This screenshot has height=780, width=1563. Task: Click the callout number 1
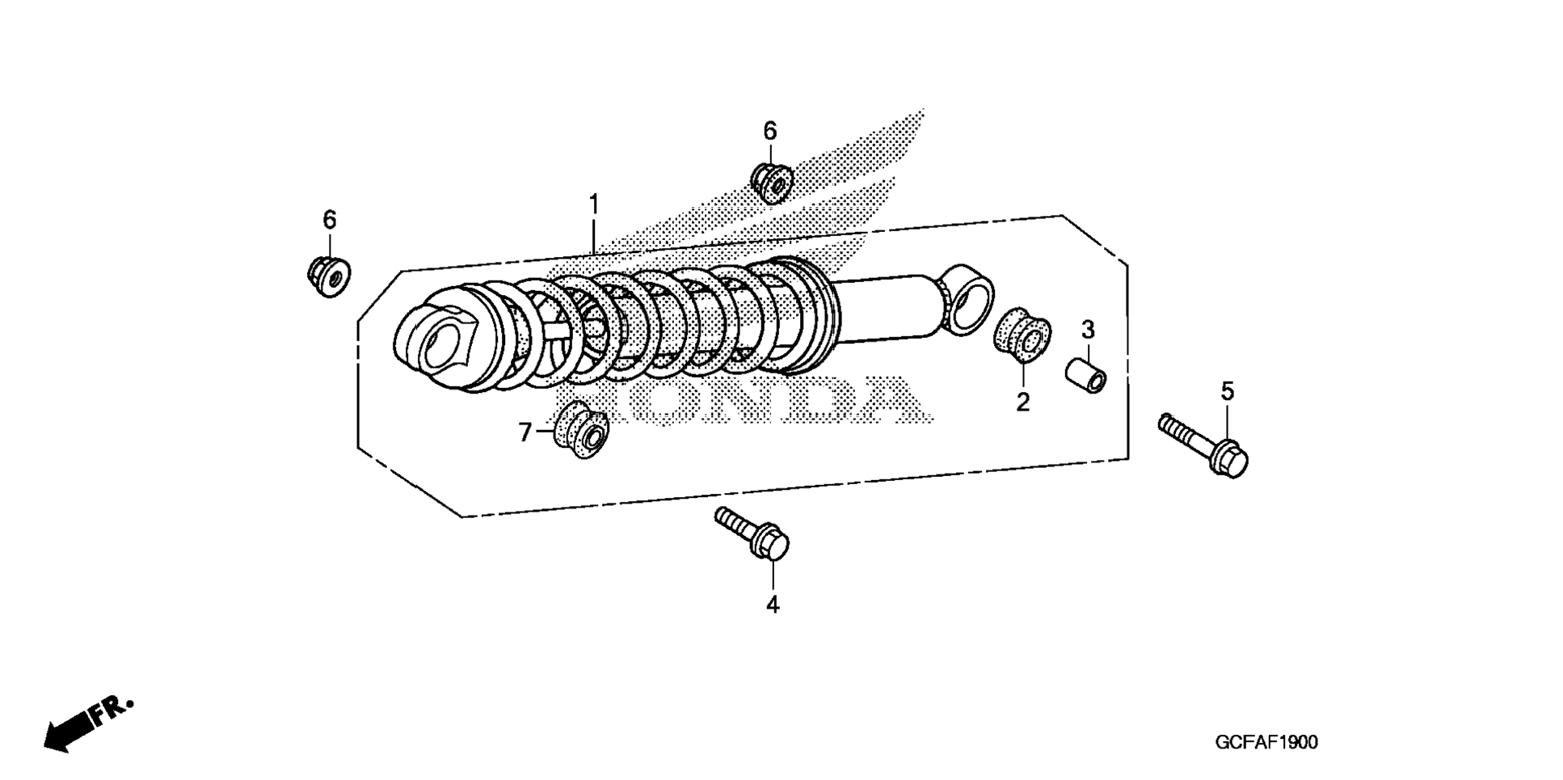point(594,204)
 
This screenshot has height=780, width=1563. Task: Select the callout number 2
point(1022,402)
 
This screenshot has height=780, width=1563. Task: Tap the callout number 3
point(1088,330)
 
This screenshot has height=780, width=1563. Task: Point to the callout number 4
point(773,604)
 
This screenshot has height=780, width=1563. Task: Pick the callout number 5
point(1227,392)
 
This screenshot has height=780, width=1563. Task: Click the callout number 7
point(525,433)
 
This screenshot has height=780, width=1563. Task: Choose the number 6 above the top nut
point(769,131)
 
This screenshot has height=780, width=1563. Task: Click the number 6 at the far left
point(329,220)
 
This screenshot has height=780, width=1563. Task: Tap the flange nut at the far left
point(329,275)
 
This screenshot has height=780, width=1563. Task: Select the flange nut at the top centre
point(771,183)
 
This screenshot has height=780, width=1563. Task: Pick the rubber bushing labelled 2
point(1022,333)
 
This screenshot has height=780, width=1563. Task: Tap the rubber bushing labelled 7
point(582,429)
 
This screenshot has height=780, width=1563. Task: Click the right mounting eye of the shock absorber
point(967,298)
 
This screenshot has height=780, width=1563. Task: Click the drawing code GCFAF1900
point(1266,742)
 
